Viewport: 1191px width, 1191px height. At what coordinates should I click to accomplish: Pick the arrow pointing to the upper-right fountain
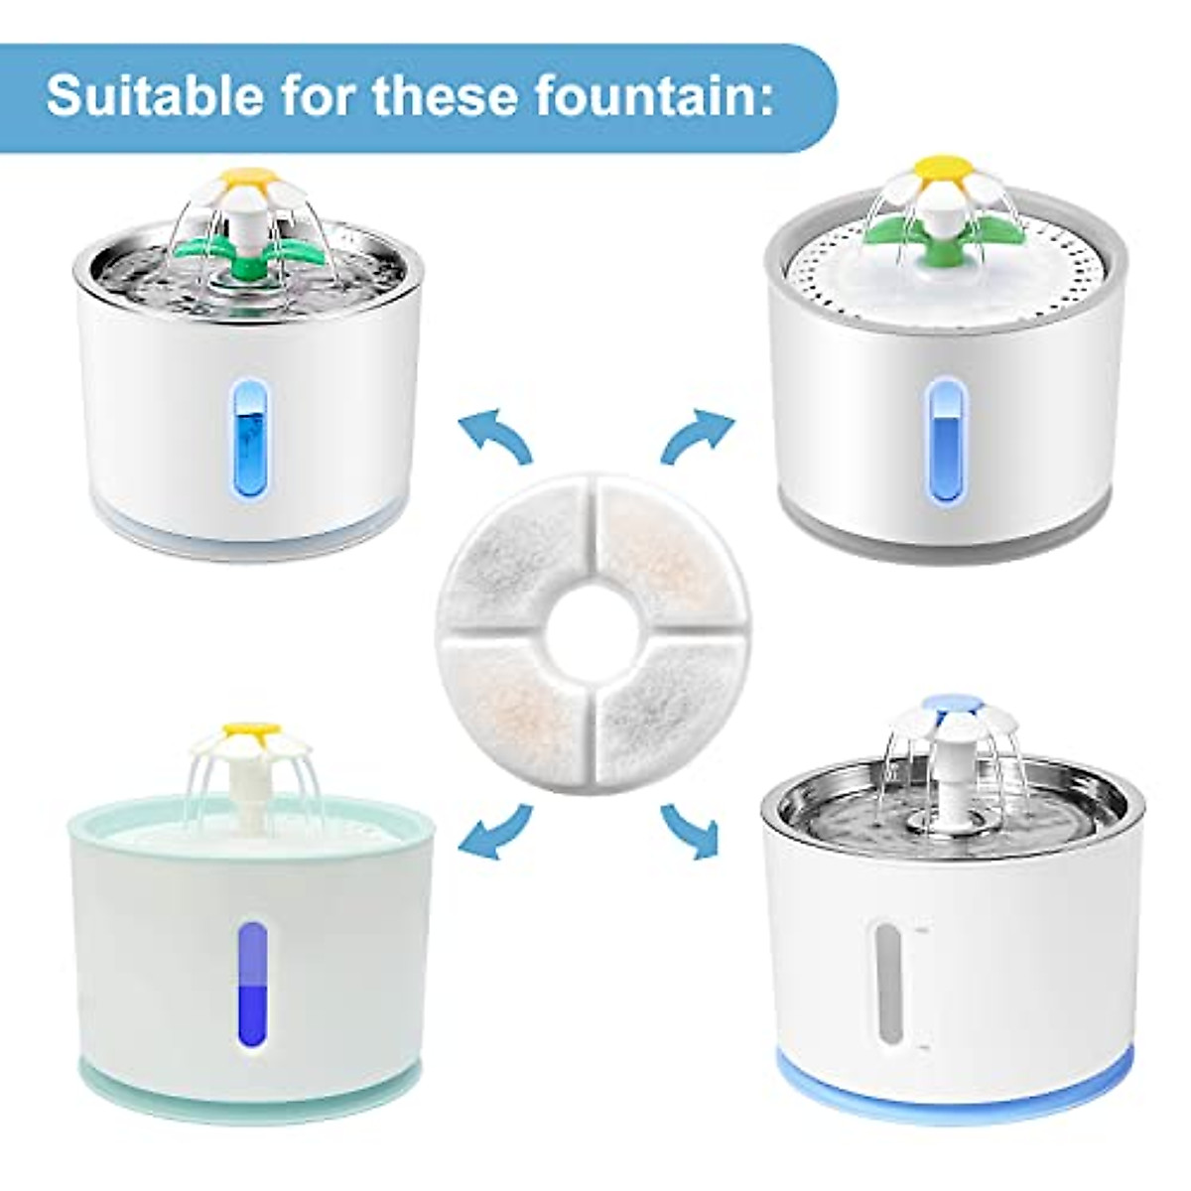coord(697,437)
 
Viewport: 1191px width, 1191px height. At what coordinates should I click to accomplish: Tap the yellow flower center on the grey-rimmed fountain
coord(938,165)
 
